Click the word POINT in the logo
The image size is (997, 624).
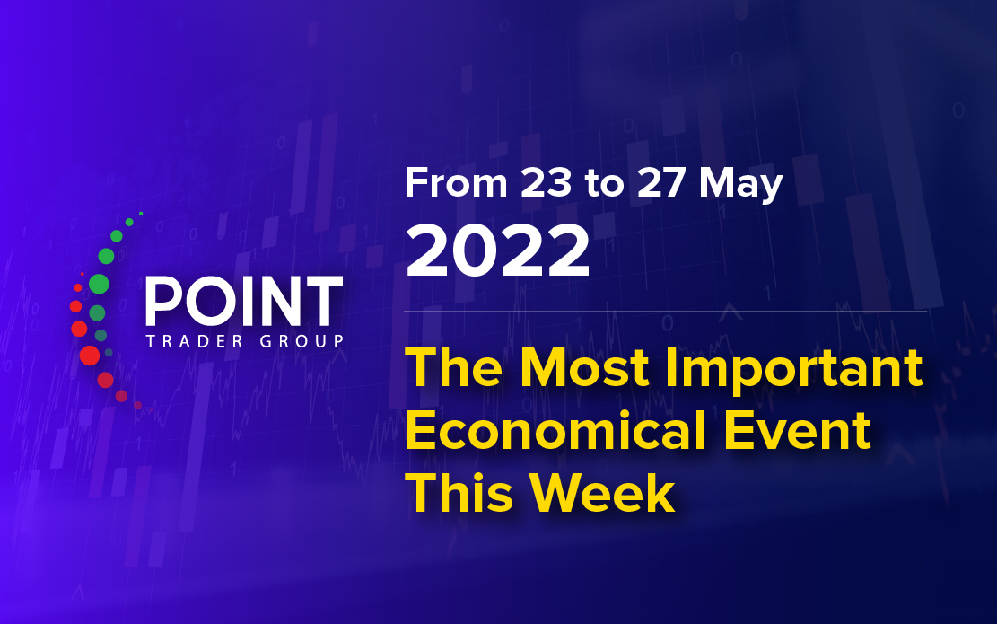[x=244, y=302]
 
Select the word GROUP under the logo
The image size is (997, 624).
[x=302, y=341]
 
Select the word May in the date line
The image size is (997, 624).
[x=740, y=185]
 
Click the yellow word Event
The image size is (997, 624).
[x=798, y=431]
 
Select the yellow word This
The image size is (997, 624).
[x=459, y=493]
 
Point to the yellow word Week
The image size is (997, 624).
[x=601, y=493]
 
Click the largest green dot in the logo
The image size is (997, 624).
[x=99, y=284]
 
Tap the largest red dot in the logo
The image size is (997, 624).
[x=90, y=356]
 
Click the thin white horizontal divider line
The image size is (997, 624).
[x=665, y=312]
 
